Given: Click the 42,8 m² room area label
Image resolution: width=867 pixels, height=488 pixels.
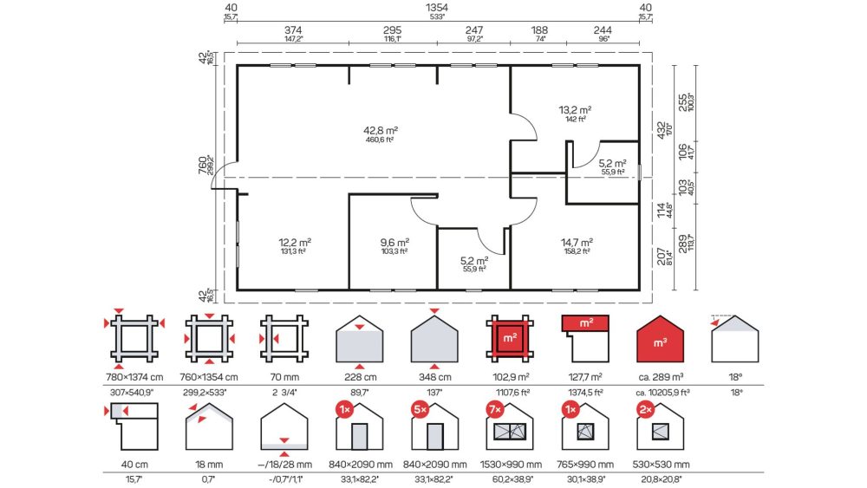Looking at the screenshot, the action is (x=381, y=130).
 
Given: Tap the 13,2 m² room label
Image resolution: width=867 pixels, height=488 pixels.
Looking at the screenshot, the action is (x=575, y=110).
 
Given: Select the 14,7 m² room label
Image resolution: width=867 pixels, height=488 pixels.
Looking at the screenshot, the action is (x=577, y=242).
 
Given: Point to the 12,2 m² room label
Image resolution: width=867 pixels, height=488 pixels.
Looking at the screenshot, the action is (x=294, y=242).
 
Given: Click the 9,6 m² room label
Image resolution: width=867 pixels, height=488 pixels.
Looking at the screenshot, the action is (x=394, y=242).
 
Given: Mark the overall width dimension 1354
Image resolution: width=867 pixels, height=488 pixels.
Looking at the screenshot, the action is (x=437, y=8).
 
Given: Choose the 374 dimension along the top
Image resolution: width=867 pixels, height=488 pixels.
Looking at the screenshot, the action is (x=293, y=30).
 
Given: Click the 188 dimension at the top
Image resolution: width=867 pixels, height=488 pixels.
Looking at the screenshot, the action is (x=539, y=30).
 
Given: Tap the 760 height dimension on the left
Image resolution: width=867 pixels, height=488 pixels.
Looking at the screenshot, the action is (x=203, y=165).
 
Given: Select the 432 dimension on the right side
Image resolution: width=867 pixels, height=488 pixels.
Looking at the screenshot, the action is (x=662, y=130).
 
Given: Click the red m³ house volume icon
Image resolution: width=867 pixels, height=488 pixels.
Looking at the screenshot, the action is (x=660, y=339).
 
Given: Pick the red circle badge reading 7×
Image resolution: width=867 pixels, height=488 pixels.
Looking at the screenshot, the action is (x=494, y=409).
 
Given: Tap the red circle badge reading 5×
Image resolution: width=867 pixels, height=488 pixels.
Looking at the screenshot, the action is (x=420, y=409).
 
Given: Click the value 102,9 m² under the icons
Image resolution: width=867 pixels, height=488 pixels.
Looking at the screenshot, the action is (x=511, y=377).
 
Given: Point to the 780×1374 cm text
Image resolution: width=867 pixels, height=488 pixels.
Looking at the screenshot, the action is (x=134, y=377).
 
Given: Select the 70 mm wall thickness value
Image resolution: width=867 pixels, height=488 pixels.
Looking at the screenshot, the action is (x=284, y=377).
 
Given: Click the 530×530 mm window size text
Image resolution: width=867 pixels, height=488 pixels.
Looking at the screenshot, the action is (x=661, y=465).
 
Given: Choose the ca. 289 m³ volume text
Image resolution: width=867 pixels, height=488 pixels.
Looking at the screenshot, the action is (x=661, y=377).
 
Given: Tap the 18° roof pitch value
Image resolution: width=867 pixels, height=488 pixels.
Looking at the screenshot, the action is (x=735, y=377).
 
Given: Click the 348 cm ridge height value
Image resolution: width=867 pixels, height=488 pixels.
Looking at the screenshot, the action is (x=434, y=377).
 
